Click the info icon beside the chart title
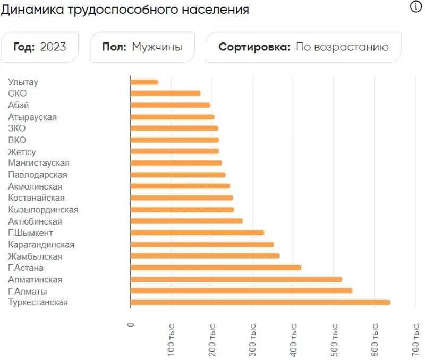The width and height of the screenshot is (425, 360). [415, 7]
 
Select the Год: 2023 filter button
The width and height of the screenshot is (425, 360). [40, 47]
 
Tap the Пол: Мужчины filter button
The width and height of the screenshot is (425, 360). [142, 47]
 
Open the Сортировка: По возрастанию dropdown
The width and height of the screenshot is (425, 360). [303, 47]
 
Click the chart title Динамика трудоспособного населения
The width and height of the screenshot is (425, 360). [125, 10]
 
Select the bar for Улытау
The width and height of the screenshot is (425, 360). [144, 82]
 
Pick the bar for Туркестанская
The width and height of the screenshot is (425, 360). [260, 303]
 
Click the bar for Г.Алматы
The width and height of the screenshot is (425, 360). [241, 291]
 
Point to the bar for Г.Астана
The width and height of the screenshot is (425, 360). [216, 268]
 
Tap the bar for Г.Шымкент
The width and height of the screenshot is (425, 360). [197, 233]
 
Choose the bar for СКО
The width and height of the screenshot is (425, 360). [165, 93]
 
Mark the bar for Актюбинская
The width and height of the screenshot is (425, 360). [186, 221]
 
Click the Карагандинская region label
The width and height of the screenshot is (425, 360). [41, 245]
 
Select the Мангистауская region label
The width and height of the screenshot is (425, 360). [39, 163]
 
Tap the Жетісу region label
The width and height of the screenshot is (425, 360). [22, 152]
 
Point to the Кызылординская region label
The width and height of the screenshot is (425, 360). [44, 210]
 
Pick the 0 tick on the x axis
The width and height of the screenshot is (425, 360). [131, 325]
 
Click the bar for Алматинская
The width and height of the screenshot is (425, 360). [236, 279]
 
